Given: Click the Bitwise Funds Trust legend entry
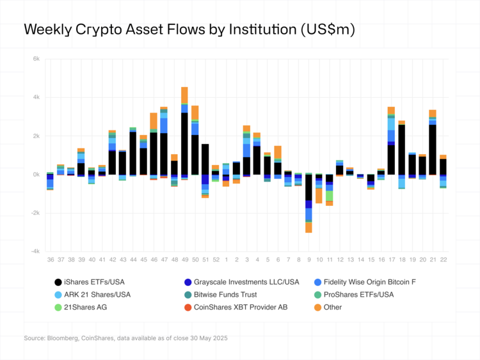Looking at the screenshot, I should pyautogui.click(x=227, y=294).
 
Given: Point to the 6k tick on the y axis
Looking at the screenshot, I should pyautogui.click(x=36, y=59).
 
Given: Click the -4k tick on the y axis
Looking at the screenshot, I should pyautogui.click(x=36, y=251).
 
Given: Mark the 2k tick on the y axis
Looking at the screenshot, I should pyautogui.click(x=36, y=136).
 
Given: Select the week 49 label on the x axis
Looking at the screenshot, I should pyautogui.click(x=184, y=259).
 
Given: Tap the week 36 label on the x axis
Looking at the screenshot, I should pyautogui.click(x=50, y=259).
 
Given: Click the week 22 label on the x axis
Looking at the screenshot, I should pyautogui.click(x=443, y=259).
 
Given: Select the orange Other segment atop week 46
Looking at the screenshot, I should pyautogui.click(x=154, y=121).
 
